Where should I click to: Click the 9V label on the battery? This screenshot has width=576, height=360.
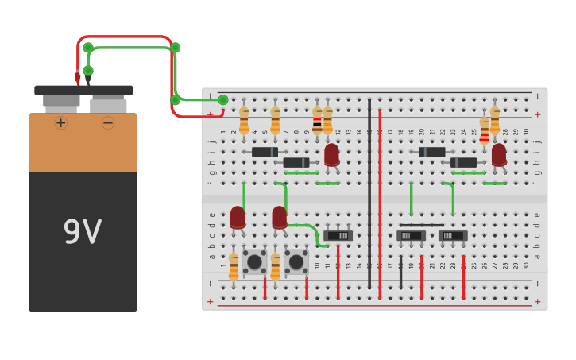pyautogui.click(x=83, y=232)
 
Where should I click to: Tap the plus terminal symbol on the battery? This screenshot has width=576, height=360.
pyautogui.click(x=61, y=122)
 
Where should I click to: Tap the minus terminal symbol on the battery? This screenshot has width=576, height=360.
pyautogui.click(x=107, y=122)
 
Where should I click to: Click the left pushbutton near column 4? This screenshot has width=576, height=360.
pyautogui.click(x=254, y=261)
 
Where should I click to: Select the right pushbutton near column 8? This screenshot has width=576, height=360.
pyautogui.click(x=296, y=261)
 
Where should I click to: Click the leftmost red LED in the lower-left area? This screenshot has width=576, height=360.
pyautogui.click(x=238, y=217)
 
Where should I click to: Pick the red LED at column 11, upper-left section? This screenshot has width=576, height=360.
pyautogui.click(x=331, y=154)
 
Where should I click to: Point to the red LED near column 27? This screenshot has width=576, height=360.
pyautogui.click(x=499, y=154)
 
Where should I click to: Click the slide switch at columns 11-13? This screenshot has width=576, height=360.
pyautogui.click(x=338, y=235)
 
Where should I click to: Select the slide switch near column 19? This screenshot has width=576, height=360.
pyautogui.click(x=411, y=235)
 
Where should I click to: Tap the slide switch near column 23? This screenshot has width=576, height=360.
pyautogui.click(x=453, y=235)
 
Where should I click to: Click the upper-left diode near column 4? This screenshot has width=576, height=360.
pyautogui.click(x=265, y=152)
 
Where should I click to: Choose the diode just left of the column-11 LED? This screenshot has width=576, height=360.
pyautogui.click(x=296, y=162)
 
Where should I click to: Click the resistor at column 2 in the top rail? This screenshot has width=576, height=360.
pyautogui.click(x=244, y=120)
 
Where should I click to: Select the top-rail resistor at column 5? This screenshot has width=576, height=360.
pyautogui.click(x=275, y=120)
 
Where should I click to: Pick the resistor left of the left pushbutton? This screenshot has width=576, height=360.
pyautogui.click(x=234, y=266)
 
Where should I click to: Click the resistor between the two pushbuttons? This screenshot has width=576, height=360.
pyautogui.click(x=276, y=266)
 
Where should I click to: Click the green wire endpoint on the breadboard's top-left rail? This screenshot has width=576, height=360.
pyautogui.click(x=223, y=99)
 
